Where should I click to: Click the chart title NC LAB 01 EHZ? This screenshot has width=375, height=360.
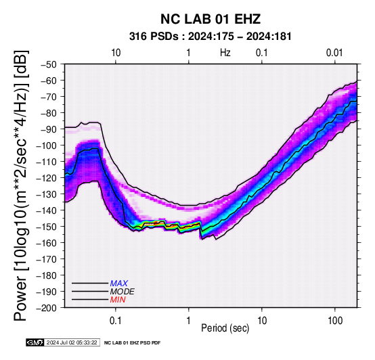click(x=211, y=19)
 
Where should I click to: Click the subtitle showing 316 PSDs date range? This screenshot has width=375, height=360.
click(x=211, y=37)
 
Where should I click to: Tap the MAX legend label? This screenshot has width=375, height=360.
click(x=119, y=284)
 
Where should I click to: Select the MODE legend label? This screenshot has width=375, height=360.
click(x=123, y=292)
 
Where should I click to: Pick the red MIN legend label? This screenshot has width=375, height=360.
click(x=118, y=300)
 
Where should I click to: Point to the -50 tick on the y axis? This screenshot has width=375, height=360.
click(x=49, y=64)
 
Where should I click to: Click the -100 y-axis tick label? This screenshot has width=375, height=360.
click(x=47, y=145)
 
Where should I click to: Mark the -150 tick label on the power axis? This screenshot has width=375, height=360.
click(x=47, y=227)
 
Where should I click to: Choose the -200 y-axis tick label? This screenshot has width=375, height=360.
click(x=47, y=308)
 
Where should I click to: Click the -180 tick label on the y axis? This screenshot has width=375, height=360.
click(x=47, y=275)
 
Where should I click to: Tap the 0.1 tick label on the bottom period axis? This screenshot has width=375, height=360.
click(x=116, y=321)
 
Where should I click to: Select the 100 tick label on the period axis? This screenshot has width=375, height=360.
click(x=335, y=321)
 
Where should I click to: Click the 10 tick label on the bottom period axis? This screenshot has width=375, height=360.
click(x=262, y=321)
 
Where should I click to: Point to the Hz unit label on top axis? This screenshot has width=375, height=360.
click(x=225, y=53)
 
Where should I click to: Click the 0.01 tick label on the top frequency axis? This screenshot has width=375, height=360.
click(x=334, y=53)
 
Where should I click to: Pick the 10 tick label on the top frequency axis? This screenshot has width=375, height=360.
click(x=116, y=53)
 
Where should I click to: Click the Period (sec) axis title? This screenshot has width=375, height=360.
click(x=225, y=328)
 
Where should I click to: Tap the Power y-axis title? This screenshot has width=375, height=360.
click(x=21, y=185)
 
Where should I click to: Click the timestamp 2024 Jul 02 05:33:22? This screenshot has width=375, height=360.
click(x=72, y=343)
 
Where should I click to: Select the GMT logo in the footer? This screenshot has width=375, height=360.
click(x=35, y=342)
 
